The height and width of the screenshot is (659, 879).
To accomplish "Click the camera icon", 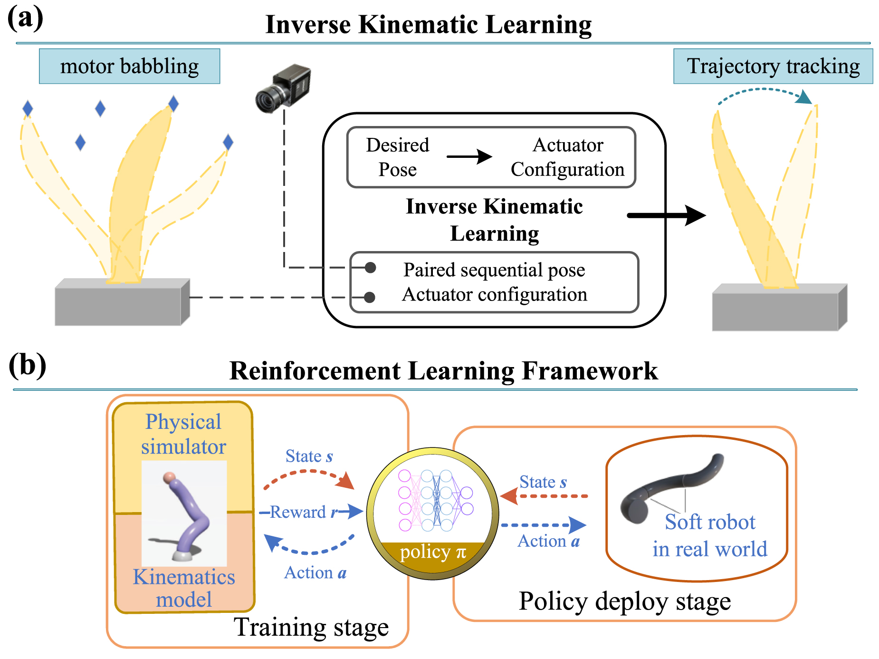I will pos(283,88).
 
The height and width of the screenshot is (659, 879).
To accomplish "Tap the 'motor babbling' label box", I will pos(129,66).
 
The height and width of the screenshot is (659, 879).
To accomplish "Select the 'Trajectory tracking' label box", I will pos(773,66).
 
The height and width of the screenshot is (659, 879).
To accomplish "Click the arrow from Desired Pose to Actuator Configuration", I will pos(469,156).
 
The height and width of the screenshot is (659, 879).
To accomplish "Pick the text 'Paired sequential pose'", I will pos(494,270).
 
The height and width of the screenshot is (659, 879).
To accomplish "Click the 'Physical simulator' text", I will pos(183,434).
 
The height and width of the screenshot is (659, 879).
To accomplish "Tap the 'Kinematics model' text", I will pos(184,588).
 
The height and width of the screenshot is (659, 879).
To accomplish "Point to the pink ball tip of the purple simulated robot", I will pos(169,477).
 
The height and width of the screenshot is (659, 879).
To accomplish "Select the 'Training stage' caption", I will pos(311,627).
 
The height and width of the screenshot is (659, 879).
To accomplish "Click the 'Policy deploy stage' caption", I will pos(624,601).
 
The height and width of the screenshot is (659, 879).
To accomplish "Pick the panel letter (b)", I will pos(27,366).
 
